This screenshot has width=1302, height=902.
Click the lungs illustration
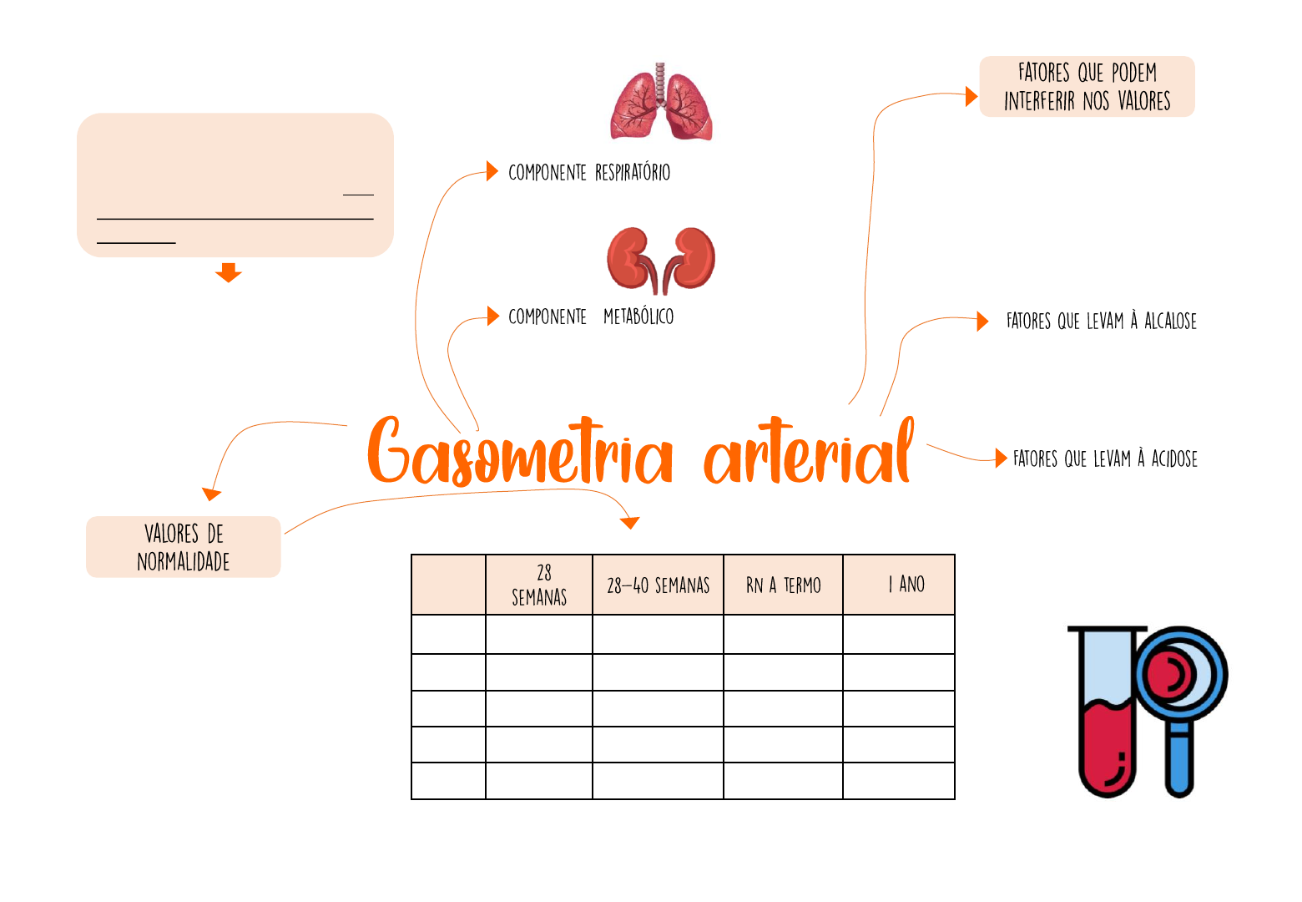coord(661,104)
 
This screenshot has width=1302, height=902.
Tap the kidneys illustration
coord(661,260)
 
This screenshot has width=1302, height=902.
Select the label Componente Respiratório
coord(589,173)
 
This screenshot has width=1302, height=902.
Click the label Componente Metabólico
coord(591,317)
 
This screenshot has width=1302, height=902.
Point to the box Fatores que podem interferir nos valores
coord(1087,87)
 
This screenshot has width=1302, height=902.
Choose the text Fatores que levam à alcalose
coord(1101,321)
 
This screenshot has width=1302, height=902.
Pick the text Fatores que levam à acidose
coord(1105,459)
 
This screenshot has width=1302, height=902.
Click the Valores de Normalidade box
coord(184,547)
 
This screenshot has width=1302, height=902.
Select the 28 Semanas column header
coord(539,585)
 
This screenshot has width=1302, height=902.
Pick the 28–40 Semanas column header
coord(658,585)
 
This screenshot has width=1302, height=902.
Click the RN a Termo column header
coord(783,585)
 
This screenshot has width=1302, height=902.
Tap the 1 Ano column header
coord(899,585)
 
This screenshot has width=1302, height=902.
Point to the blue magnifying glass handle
coord(1179,760)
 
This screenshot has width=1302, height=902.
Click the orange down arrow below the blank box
coord(228,272)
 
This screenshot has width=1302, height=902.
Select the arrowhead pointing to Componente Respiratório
coord(492,172)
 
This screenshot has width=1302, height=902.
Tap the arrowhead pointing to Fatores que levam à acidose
coord(1001,458)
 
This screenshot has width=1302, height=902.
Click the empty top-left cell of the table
coord(448,585)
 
